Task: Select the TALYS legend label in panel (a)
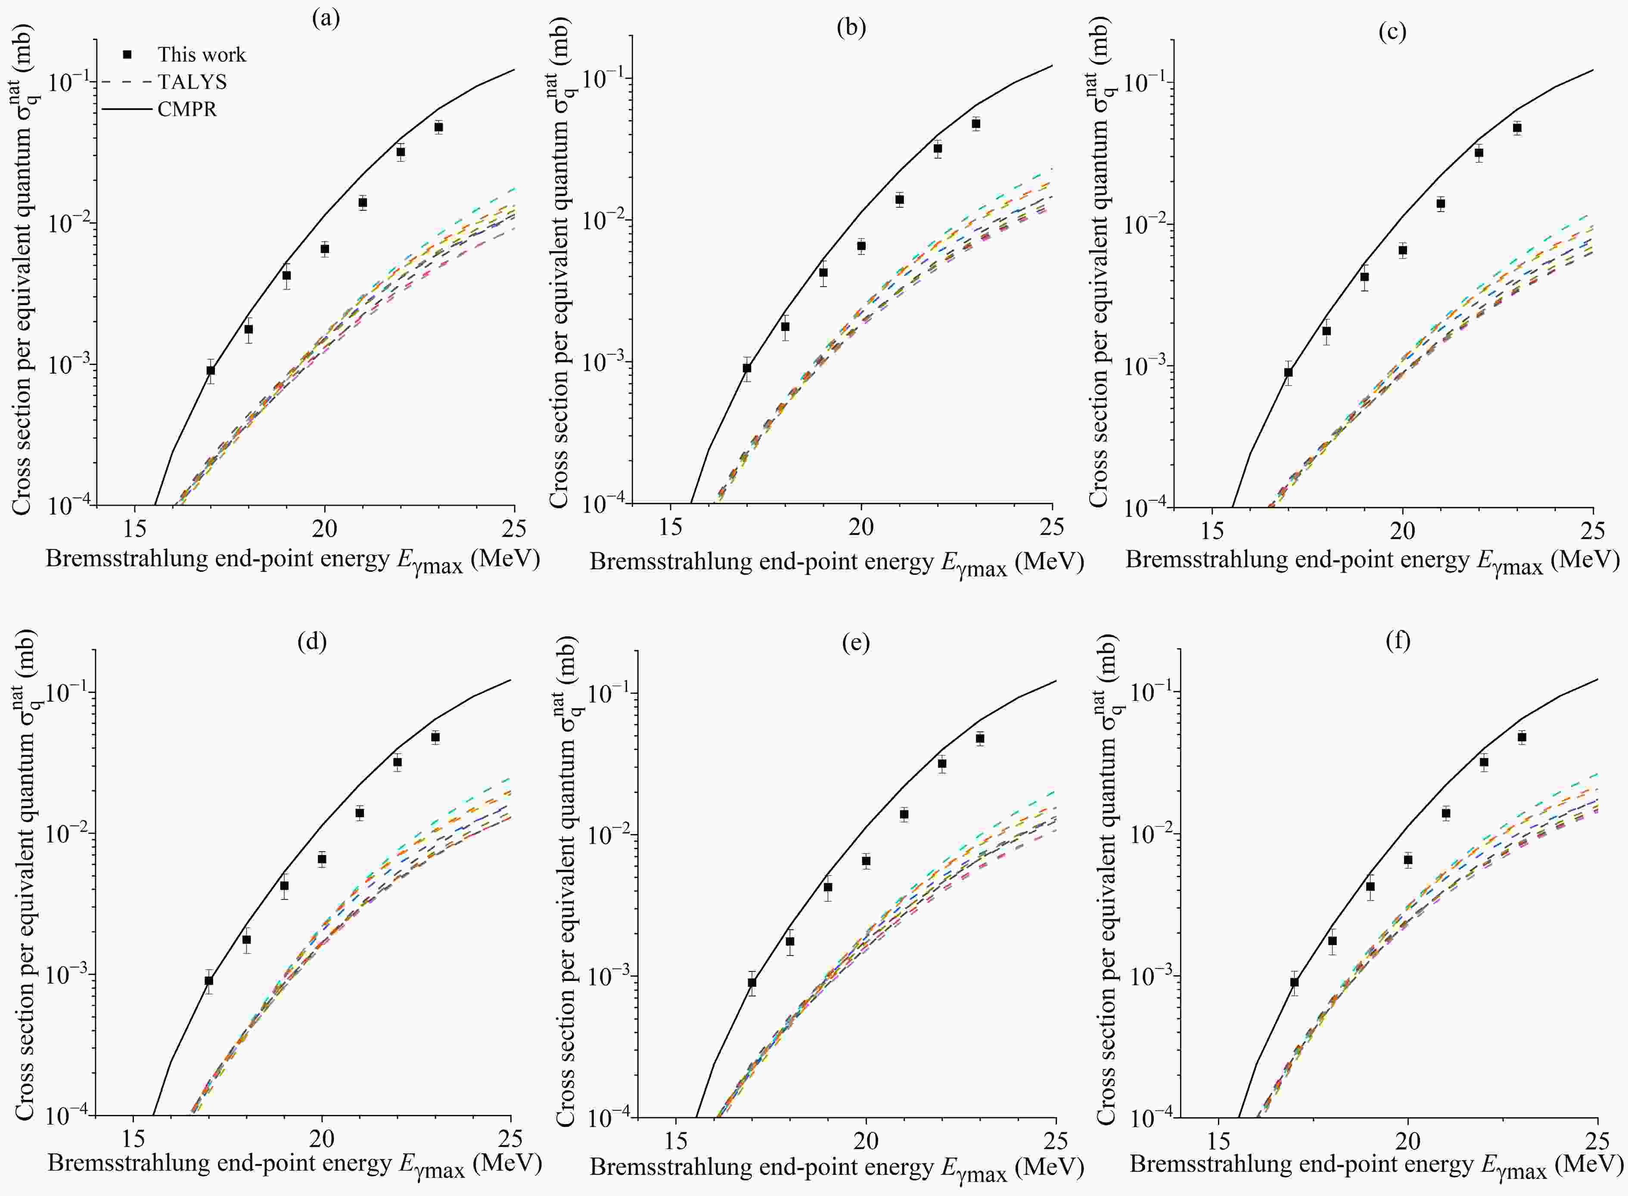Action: pos(192,82)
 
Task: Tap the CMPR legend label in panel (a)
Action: pos(186,109)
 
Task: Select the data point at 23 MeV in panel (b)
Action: pos(976,124)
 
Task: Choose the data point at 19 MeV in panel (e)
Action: pos(828,887)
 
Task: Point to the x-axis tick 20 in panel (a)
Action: pos(324,529)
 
